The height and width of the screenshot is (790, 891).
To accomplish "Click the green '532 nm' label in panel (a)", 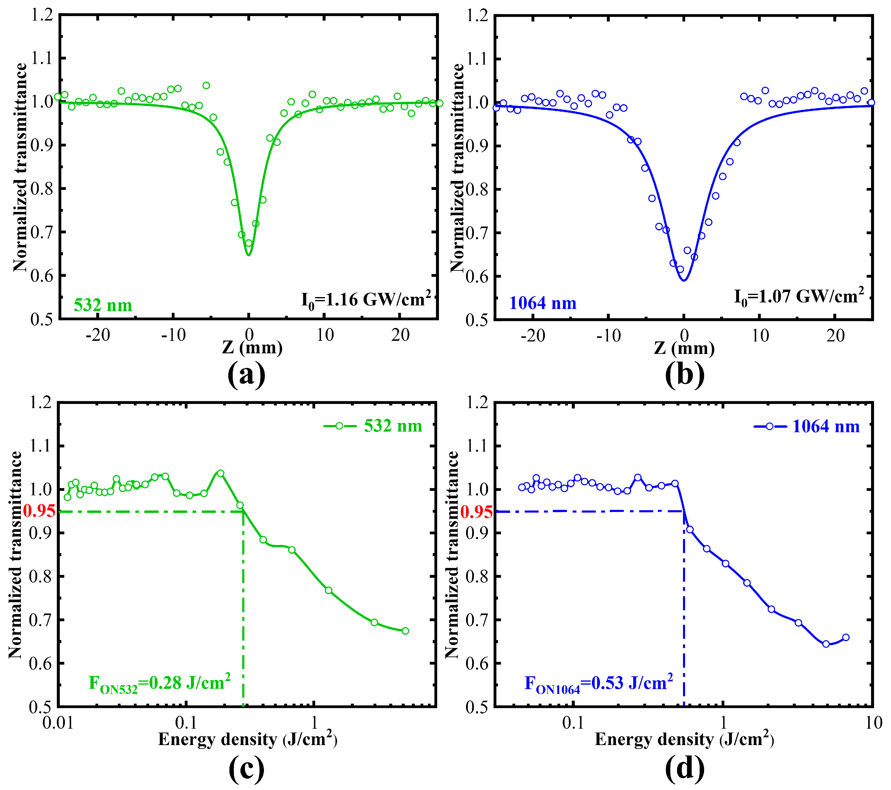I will click(x=103, y=305).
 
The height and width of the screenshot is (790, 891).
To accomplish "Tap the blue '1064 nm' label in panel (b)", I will click(x=543, y=303).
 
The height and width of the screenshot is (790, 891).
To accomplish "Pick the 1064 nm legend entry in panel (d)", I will click(x=807, y=426).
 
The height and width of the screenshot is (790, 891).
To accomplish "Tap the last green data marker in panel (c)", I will click(x=405, y=631).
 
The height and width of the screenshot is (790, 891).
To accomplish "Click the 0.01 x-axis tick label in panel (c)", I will click(x=58, y=723).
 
